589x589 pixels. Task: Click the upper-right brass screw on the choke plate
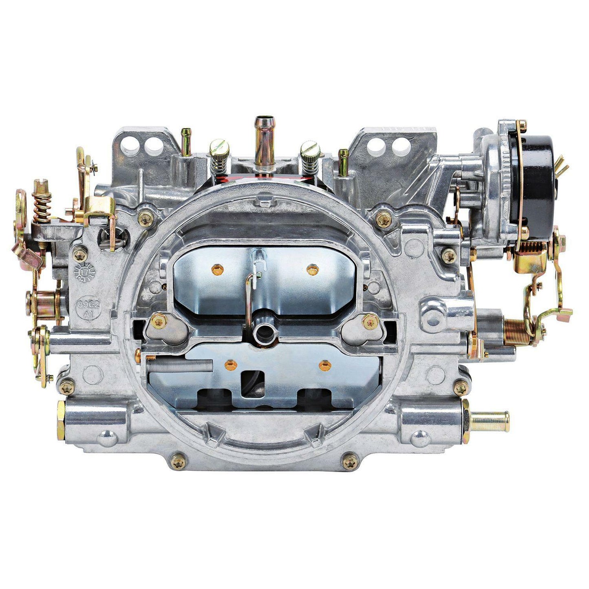tap(312, 269)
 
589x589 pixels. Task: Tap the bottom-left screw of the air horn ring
tap(178, 462)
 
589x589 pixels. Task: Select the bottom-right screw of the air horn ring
tap(350, 462)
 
